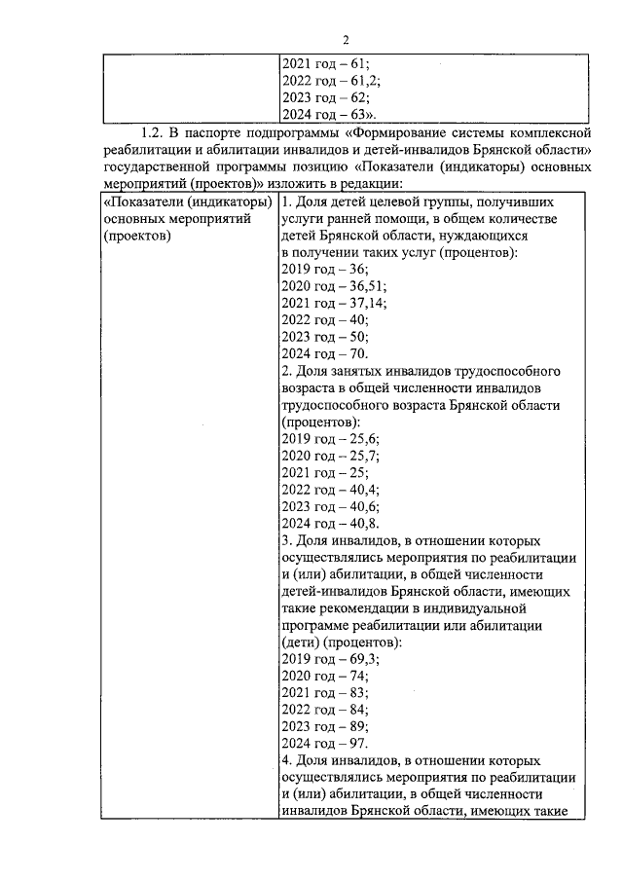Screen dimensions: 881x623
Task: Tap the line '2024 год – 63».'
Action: point(328,115)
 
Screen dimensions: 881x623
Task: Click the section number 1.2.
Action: point(154,131)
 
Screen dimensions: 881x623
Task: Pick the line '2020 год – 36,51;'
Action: point(333,285)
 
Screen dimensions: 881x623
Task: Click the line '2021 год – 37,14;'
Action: point(333,303)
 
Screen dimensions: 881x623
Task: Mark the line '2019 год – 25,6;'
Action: point(330,439)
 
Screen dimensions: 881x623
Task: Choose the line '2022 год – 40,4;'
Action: point(330,490)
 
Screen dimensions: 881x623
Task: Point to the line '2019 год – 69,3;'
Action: point(330,659)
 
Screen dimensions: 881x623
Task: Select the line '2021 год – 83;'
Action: point(324,693)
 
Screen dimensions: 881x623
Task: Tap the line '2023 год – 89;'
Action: point(324,727)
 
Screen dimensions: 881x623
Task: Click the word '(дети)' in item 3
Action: point(301,642)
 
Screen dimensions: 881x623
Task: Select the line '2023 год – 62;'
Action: point(324,97)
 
